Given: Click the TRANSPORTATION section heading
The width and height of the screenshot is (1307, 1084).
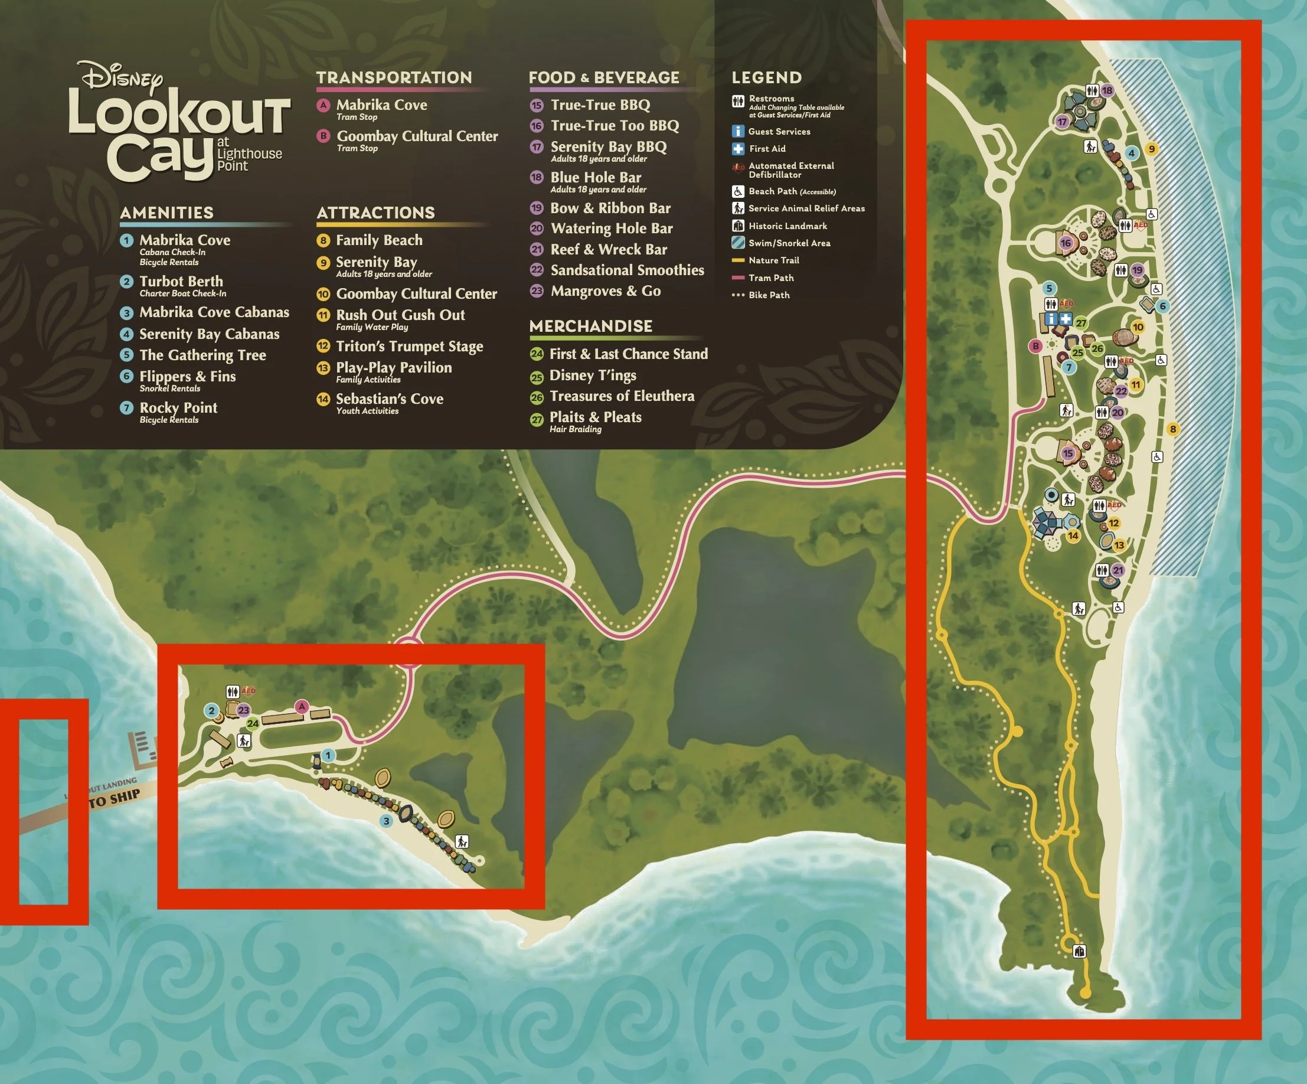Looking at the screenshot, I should [x=394, y=78].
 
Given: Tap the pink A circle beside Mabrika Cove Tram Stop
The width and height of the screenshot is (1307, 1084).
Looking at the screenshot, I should [x=323, y=105].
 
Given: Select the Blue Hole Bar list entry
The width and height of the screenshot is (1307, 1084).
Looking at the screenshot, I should [x=596, y=178].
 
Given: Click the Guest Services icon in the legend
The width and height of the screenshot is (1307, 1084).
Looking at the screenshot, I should [x=737, y=132].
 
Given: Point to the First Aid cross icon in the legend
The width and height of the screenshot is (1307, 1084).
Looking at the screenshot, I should [x=737, y=149].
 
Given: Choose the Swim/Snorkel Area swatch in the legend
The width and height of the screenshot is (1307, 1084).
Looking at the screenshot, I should [x=737, y=243].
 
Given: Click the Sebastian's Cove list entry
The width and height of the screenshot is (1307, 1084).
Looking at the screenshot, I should [x=389, y=399].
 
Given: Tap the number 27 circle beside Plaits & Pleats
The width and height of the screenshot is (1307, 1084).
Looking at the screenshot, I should [x=537, y=420].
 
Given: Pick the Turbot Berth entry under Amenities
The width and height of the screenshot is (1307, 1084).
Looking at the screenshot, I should [x=181, y=282].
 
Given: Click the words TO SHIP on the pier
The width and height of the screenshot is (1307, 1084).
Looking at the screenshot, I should [x=115, y=798].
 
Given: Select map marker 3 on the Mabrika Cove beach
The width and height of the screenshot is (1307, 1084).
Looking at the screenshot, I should [x=386, y=821].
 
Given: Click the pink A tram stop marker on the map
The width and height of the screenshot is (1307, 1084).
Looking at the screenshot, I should [x=302, y=706].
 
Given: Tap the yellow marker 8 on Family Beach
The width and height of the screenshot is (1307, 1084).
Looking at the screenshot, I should [x=1172, y=429].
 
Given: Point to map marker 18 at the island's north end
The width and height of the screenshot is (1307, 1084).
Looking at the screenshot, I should [x=1107, y=90].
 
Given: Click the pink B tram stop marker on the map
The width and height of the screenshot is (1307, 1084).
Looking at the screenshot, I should [x=1035, y=345].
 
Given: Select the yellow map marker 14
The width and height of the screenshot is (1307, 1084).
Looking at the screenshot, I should [x=1073, y=536].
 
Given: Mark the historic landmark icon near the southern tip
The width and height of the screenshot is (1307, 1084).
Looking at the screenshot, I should [x=1080, y=951].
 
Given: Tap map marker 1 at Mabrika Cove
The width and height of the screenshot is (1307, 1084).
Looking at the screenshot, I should [x=328, y=755].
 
